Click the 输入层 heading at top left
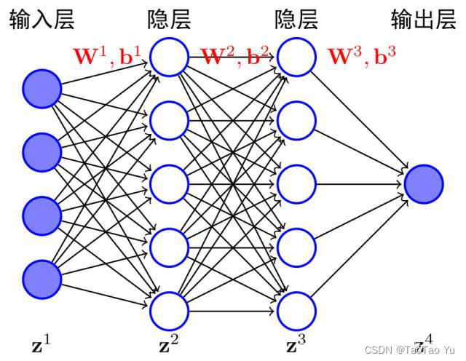[x=42, y=20]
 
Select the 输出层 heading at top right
[x=423, y=18]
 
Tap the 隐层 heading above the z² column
[x=169, y=20]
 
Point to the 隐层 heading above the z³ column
[x=296, y=20]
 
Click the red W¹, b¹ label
[x=107, y=55]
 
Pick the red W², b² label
[x=235, y=55]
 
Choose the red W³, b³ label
[x=362, y=55]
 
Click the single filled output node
[x=424, y=184]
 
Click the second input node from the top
[x=42, y=152]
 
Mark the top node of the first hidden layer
[x=169, y=57]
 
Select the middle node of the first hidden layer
[x=169, y=184]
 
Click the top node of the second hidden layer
[x=296, y=57]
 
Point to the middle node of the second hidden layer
[x=296, y=184]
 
